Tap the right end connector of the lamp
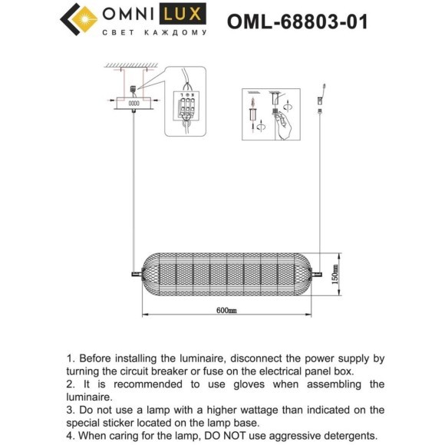[x=320, y=273]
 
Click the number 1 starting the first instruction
[x=71, y=358]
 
